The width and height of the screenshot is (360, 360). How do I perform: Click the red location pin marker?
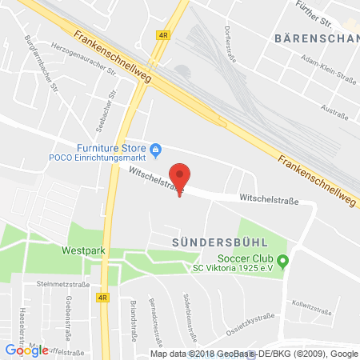pyautogui.click(x=181, y=177)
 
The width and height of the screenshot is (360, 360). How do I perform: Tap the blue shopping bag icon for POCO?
pyautogui.click(x=157, y=148)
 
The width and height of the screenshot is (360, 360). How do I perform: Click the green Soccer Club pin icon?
pyautogui.click(x=282, y=260)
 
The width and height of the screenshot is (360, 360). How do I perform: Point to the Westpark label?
pyautogui.click(x=83, y=250)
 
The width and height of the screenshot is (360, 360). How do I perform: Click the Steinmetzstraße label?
pyautogui.click(x=54, y=283)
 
